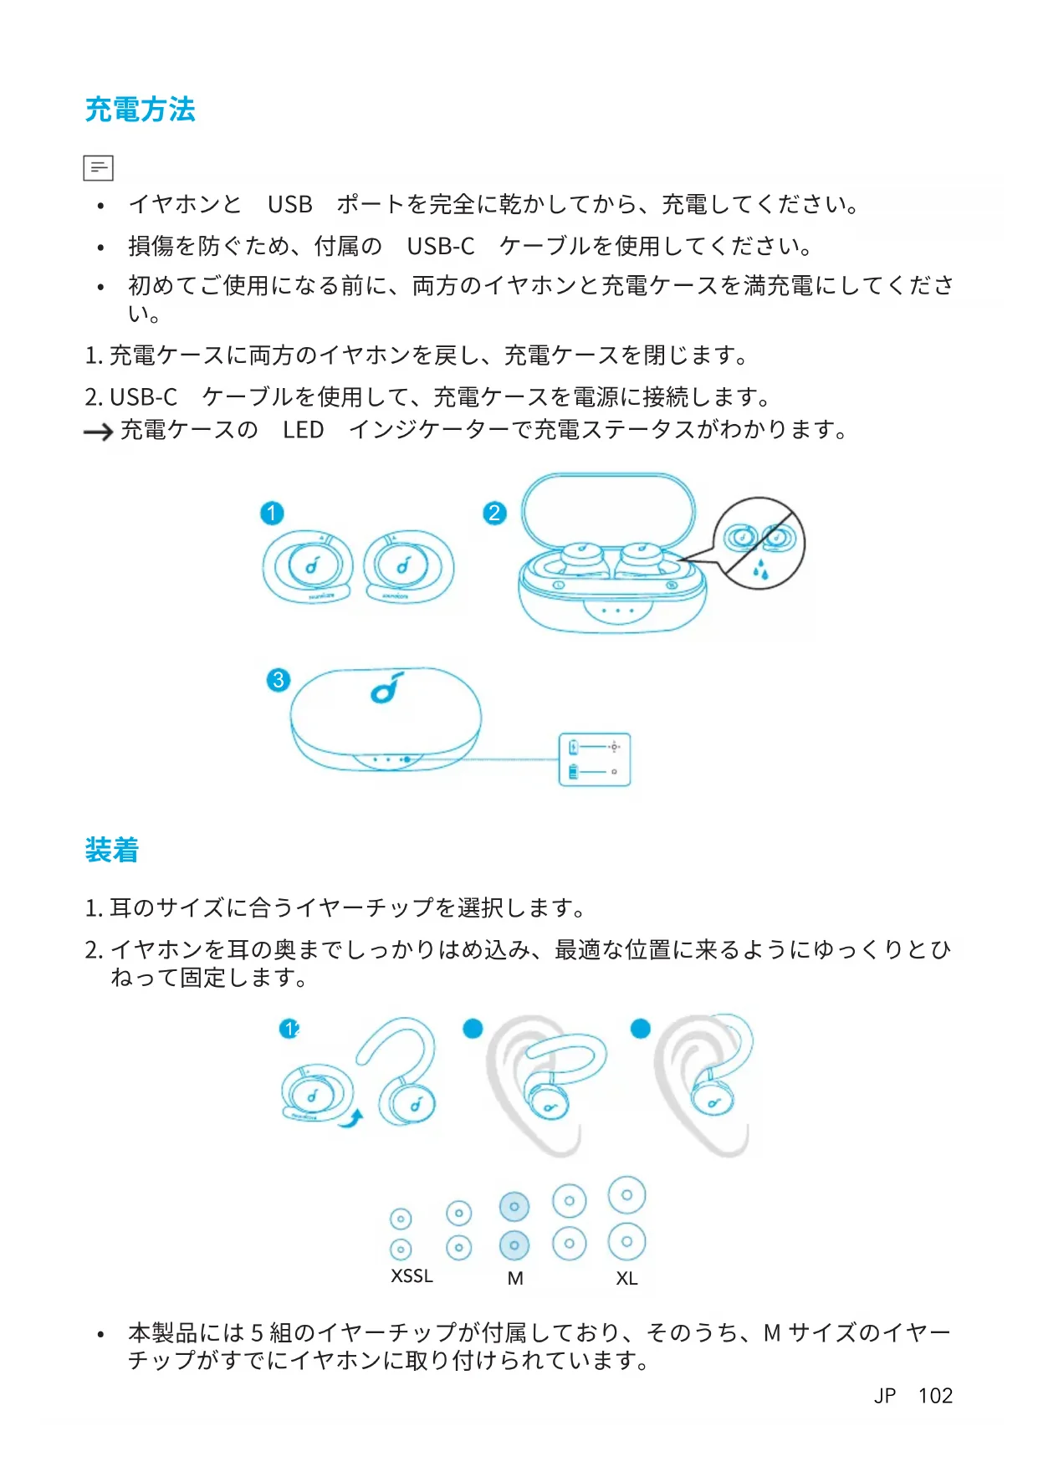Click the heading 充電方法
click(x=140, y=110)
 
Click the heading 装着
click(x=111, y=850)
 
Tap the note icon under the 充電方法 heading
click(x=98, y=168)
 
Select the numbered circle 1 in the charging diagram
click(x=272, y=513)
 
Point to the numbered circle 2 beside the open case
click(x=494, y=513)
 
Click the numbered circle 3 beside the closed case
click(x=279, y=679)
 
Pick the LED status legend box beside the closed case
click(x=594, y=759)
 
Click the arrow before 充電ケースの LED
click(x=98, y=432)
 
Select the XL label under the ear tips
click(x=626, y=1279)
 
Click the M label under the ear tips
click(x=515, y=1279)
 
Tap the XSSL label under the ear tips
click(x=412, y=1276)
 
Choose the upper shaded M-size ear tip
click(x=514, y=1206)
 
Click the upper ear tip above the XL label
click(x=626, y=1195)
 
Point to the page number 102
click(x=935, y=1396)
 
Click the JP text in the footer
click(x=885, y=1396)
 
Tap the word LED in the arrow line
click(x=303, y=430)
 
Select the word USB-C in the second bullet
click(x=441, y=247)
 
